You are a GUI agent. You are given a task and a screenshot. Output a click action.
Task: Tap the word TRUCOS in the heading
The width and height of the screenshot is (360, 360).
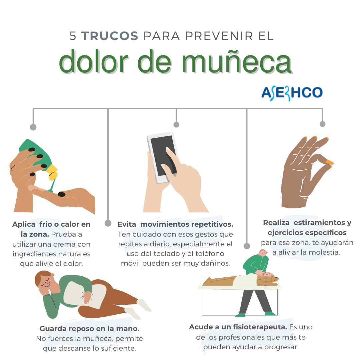click(110, 36)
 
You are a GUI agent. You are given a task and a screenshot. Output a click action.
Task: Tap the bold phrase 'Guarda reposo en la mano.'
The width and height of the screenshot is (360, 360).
click(89, 329)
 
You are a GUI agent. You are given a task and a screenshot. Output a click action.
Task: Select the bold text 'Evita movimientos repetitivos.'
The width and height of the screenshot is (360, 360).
click(175, 224)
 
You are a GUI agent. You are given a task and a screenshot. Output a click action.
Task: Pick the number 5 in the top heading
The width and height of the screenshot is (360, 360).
click(73, 36)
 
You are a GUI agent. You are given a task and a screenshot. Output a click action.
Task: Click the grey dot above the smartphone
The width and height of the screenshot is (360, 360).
click(176, 124)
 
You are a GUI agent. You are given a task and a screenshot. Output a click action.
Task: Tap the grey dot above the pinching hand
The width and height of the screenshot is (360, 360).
click(322, 124)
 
